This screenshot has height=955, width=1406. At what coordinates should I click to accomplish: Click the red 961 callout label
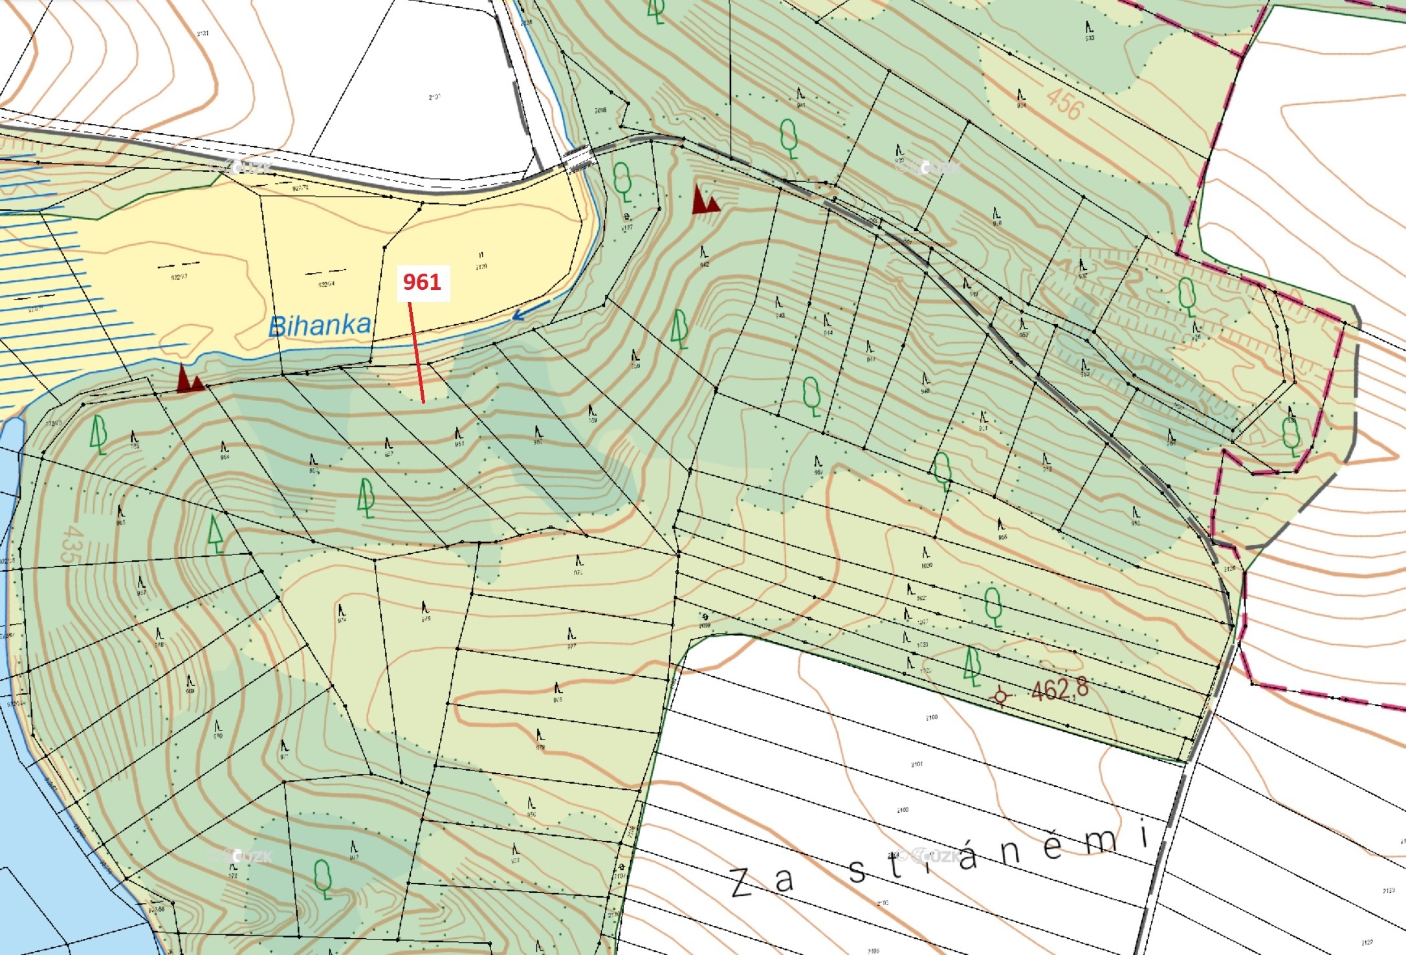(x=422, y=282)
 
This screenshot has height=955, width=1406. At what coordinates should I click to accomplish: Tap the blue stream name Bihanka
(x=320, y=325)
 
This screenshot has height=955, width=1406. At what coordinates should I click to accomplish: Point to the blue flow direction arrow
(x=531, y=311)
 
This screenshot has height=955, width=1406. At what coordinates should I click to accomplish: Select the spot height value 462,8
(x=1060, y=689)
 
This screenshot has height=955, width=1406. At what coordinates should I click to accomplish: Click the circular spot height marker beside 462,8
(x=1001, y=696)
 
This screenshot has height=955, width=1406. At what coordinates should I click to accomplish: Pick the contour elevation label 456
(x=1064, y=104)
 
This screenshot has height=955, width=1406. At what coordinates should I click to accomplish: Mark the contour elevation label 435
(x=72, y=543)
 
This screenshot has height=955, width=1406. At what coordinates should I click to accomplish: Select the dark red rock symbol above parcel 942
(x=705, y=200)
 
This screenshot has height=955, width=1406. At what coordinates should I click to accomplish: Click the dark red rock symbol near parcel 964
(x=190, y=380)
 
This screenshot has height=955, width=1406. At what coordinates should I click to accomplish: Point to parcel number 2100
(x=931, y=718)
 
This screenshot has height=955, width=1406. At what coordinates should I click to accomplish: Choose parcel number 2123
(x=1388, y=891)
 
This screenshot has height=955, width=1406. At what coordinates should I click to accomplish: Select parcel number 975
(x=426, y=619)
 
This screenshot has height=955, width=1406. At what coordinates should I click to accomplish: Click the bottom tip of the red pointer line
(x=423, y=402)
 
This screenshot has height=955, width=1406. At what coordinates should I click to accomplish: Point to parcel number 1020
(x=927, y=565)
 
